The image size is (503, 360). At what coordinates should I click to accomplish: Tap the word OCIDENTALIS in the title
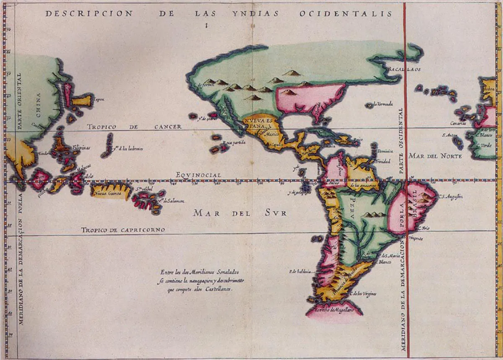pyautogui.click(x=346, y=14)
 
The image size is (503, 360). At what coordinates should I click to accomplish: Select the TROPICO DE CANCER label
pyautogui.click(x=134, y=127)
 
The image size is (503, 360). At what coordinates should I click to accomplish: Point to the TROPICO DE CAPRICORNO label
pyautogui.click(x=123, y=230)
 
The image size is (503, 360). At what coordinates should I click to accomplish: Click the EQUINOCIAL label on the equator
pyautogui.click(x=199, y=175)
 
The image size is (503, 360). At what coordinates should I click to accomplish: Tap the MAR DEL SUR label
pyautogui.click(x=240, y=213)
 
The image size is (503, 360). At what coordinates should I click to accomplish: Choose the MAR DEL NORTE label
pyautogui.click(x=435, y=156)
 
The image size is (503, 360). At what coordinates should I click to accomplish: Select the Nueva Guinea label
pyautogui.click(x=106, y=194)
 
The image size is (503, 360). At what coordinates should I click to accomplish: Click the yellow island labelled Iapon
pyautogui.click(x=82, y=101)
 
